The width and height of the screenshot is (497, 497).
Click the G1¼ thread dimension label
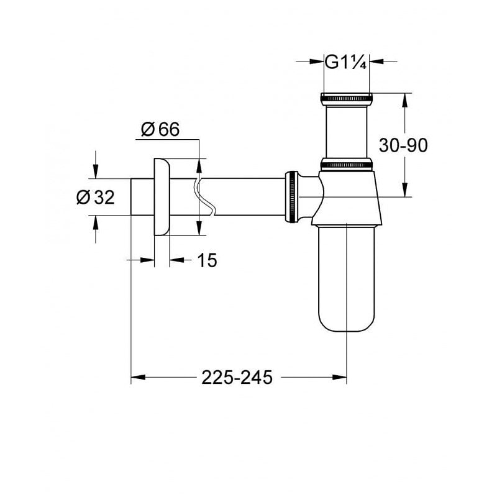pyautogui.click(x=346, y=62)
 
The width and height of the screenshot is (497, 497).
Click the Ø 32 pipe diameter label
pyautogui.click(x=96, y=198)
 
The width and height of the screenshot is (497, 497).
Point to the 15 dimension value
pyautogui.click(x=207, y=261)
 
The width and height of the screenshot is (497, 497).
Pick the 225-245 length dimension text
pyautogui.click(x=237, y=377)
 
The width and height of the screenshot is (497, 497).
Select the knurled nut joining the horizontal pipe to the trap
pyautogui.click(x=291, y=195)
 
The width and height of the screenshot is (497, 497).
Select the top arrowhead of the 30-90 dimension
pyautogui.click(x=405, y=99)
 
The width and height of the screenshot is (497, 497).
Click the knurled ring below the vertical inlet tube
pyautogui.click(x=346, y=165)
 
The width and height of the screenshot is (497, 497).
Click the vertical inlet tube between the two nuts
pyautogui.click(x=346, y=130)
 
